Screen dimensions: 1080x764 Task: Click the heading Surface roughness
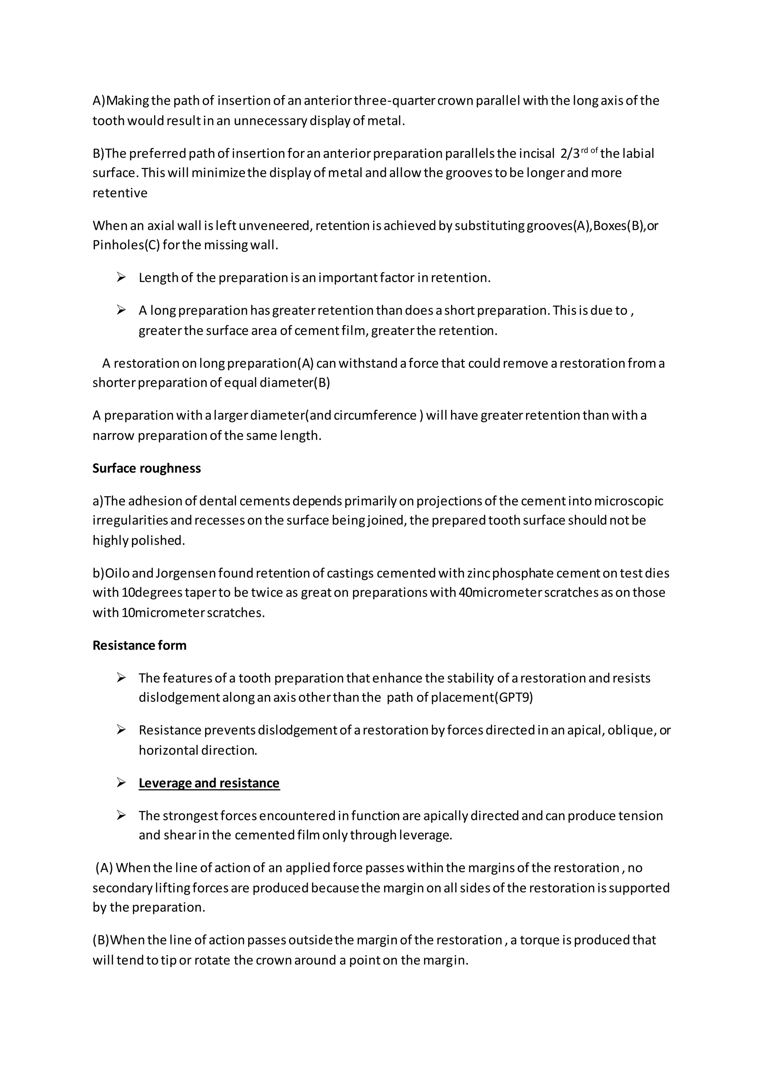point(146,468)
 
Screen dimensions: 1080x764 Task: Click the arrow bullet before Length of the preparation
point(121,277)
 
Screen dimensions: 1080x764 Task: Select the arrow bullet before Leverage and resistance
point(121,783)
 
